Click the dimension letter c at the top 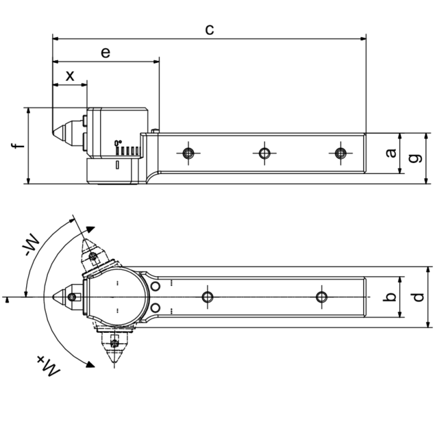point(209,29)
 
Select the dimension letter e point(106,52)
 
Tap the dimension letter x point(70,76)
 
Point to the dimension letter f point(18,146)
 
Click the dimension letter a point(390,153)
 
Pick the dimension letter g point(415,158)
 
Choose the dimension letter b point(390,297)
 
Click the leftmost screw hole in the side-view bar point(188,153)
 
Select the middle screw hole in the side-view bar point(264,153)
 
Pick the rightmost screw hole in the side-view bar point(340,153)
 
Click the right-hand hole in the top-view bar point(321,296)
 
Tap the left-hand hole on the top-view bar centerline point(207,296)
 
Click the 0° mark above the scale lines point(117,142)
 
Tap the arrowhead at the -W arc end point(91,230)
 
